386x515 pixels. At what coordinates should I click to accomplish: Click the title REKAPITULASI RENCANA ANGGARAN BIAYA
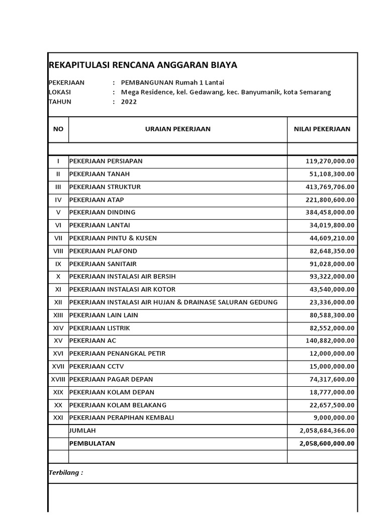[143, 65]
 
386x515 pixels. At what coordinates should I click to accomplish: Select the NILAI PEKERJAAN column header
[322, 129]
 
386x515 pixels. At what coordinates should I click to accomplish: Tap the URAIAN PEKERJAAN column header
[178, 129]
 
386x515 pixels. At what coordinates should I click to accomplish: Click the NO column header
[58, 129]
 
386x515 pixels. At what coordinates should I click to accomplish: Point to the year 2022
[128, 102]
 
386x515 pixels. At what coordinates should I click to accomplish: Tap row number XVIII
[58, 379]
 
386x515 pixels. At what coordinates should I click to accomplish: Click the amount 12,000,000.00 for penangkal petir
[332, 354]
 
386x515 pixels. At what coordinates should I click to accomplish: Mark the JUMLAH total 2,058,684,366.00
[327, 431]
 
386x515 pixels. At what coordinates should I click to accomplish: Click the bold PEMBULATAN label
[92, 443]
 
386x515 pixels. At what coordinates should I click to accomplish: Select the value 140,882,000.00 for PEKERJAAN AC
[330, 340]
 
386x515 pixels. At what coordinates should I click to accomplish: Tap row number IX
[58, 264]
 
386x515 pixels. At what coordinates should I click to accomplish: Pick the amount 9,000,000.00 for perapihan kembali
[334, 417]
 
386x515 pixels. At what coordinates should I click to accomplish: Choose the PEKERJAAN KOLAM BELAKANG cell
[118, 405]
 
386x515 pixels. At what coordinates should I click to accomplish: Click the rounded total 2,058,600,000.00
[327, 443]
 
